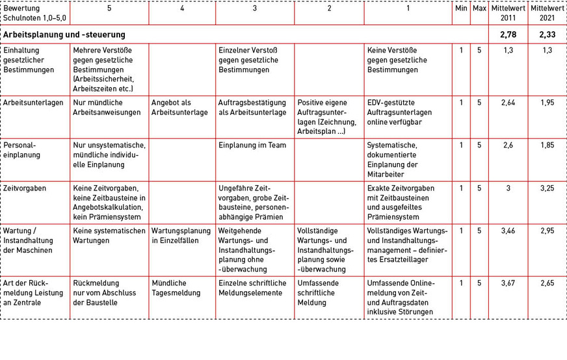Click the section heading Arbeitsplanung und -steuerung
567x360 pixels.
click(64, 34)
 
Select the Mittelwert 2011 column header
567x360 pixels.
click(508, 14)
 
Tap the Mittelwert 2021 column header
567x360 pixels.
click(546, 14)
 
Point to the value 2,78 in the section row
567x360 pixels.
click(508, 34)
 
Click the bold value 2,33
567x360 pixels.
click(546, 34)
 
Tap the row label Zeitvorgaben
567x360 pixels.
click(25, 188)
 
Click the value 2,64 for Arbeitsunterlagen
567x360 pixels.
click(508, 102)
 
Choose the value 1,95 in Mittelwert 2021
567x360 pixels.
click(546, 102)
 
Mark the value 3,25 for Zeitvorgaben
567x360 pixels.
click(546, 188)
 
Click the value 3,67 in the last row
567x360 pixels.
click(508, 283)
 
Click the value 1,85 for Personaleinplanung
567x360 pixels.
click(546, 145)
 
